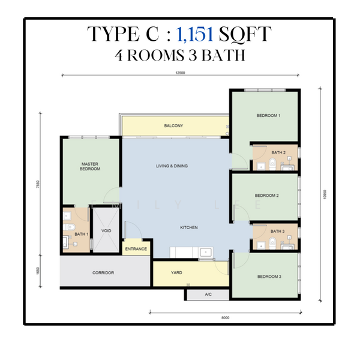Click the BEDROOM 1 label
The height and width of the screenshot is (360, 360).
coord(268,115)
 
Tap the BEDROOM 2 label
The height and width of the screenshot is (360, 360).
coord(266,195)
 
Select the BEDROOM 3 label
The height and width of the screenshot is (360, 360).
coord(269,276)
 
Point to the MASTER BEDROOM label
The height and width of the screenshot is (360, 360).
coord(90,166)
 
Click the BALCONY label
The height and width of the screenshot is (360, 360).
coord(173,125)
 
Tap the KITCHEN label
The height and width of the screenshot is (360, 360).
coord(189,227)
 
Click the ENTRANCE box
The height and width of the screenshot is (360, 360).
coord(136,248)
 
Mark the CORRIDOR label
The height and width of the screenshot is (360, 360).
coord(103,272)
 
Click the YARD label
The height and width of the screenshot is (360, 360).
coord(176,272)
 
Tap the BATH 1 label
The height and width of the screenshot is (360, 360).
coord(81,234)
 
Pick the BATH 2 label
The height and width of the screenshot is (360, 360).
coord(277,152)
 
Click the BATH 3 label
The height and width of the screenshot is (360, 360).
coord(277,231)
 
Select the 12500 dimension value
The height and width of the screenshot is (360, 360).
coord(175,73)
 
